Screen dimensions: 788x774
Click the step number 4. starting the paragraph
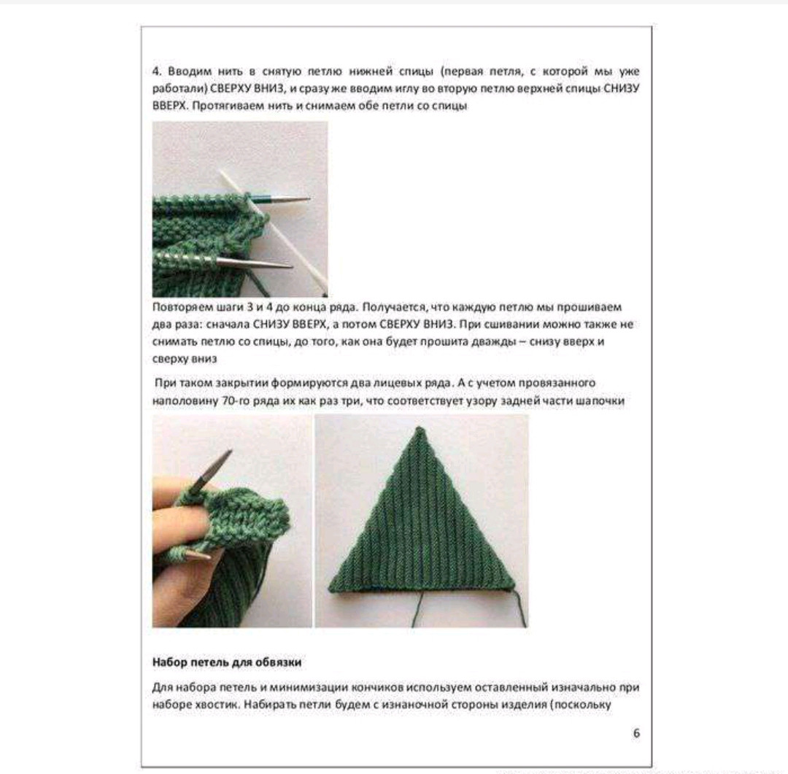tap(158, 71)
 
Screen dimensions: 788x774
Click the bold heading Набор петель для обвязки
tap(227, 662)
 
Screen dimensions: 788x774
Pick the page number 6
tap(636, 733)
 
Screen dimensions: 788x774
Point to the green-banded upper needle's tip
tap(308, 200)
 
